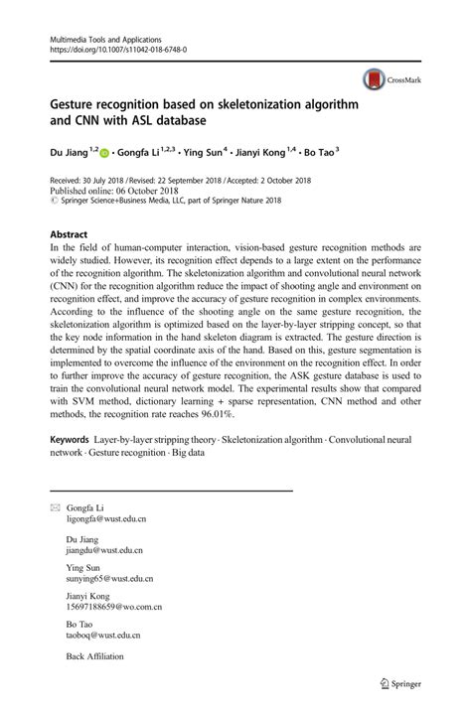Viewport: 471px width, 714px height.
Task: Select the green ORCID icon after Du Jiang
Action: pyautogui.click(x=104, y=155)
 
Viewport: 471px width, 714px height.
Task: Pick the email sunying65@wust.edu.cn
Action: pyautogui.click(x=106, y=578)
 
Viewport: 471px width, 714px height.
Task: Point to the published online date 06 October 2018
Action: pyautogui.click(x=145, y=191)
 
